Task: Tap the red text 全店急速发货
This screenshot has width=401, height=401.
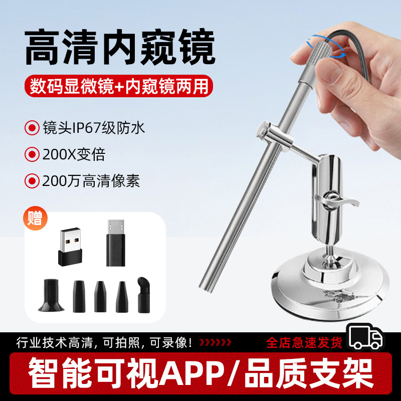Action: coord(304,343)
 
